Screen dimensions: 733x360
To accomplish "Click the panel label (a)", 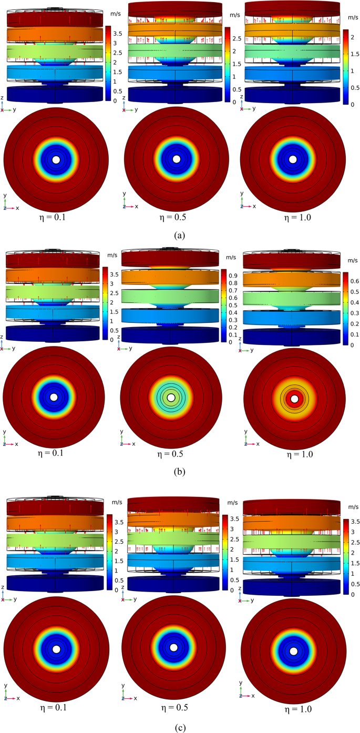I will [x=180, y=235].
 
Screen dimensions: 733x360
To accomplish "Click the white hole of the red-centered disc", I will [x=295, y=400].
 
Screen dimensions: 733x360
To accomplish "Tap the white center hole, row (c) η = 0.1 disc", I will [x=56, y=647].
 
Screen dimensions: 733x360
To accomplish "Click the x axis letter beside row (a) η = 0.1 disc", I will [x=17, y=208].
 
